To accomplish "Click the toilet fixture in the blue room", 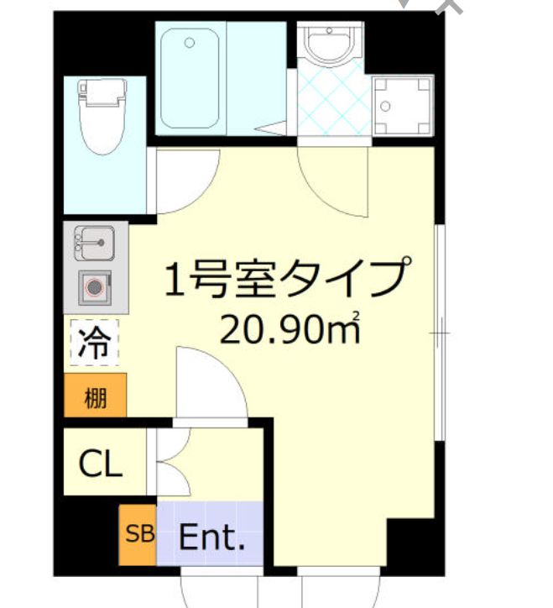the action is (x=102, y=117).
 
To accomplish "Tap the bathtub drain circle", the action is (x=190, y=43).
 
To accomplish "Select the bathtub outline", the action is (x=190, y=78).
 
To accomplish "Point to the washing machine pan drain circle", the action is (x=385, y=106).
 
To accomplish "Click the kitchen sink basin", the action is (x=94, y=244).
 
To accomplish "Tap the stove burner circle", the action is (x=95, y=288).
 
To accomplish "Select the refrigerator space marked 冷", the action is (x=94, y=343).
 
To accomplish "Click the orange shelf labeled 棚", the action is (x=96, y=396).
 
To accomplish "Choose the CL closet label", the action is (x=101, y=464).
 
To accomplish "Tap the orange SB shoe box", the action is (x=138, y=534).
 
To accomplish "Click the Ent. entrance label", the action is (x=211, y=537).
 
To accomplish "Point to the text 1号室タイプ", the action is (x=288, y=277).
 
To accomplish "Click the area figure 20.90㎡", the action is (x=290, y=329).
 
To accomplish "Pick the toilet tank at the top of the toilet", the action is (x=102, y=92).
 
